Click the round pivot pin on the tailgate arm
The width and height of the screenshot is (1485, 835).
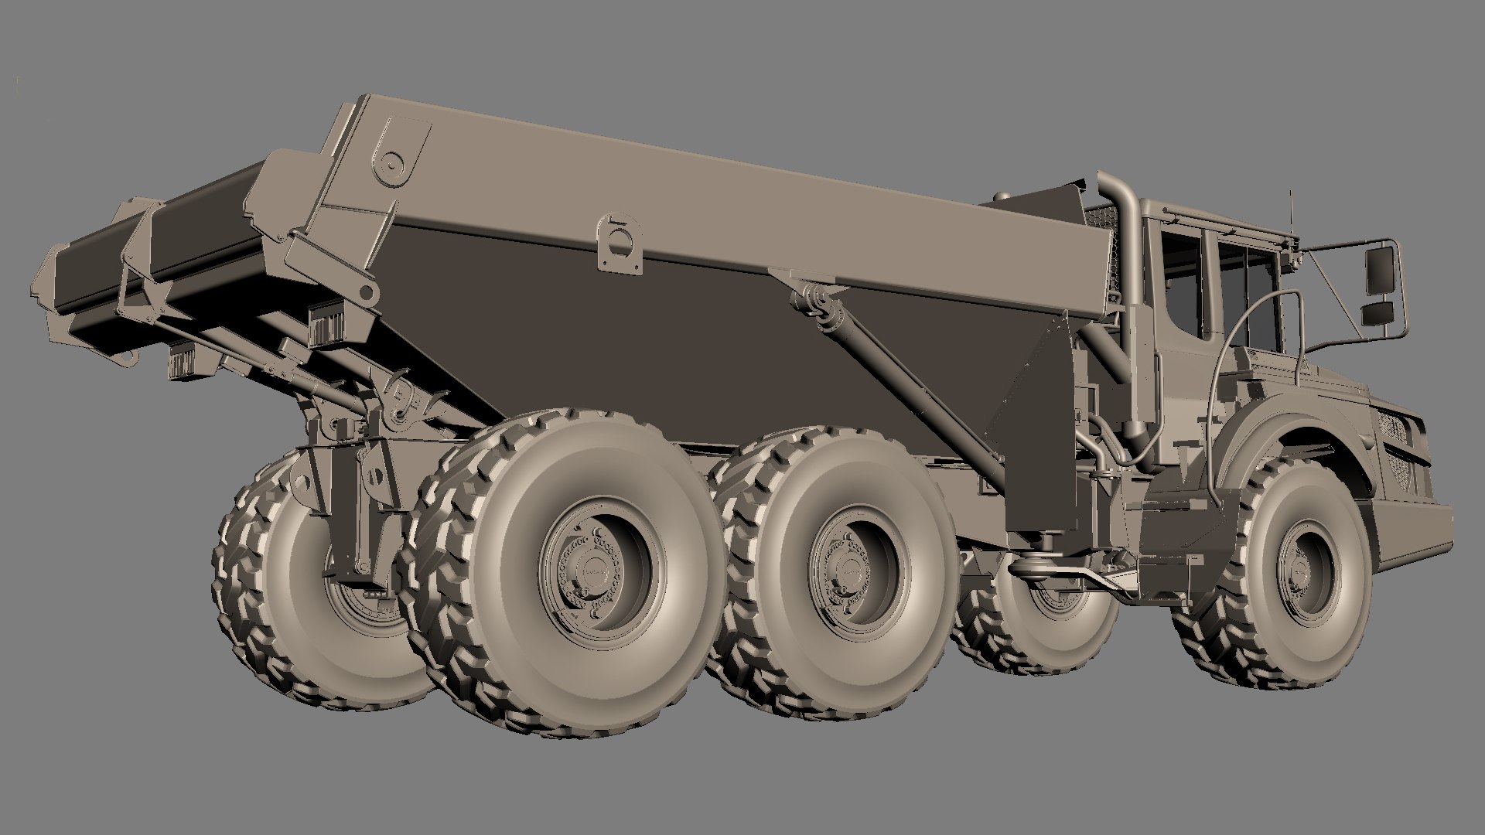[393, 163]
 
